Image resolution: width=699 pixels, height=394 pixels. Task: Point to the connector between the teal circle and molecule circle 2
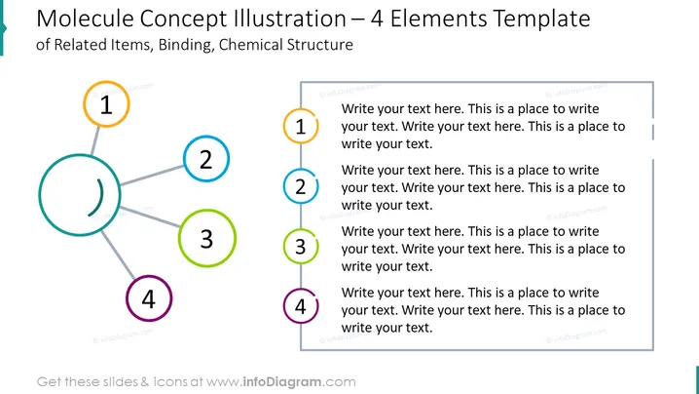152,175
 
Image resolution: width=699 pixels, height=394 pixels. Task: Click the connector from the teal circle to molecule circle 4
118,256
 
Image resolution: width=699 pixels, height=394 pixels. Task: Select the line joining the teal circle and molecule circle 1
95,140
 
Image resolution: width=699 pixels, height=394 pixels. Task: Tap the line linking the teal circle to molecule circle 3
150,217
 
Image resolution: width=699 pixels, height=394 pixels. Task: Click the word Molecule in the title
85,20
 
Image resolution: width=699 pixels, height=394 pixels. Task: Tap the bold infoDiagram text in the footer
281,382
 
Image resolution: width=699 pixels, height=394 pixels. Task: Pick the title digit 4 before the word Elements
377,20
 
